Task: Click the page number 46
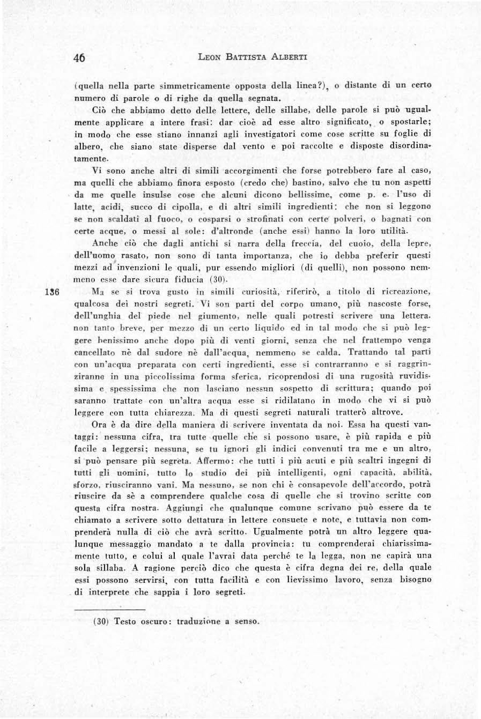79,58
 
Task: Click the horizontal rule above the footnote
110,610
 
